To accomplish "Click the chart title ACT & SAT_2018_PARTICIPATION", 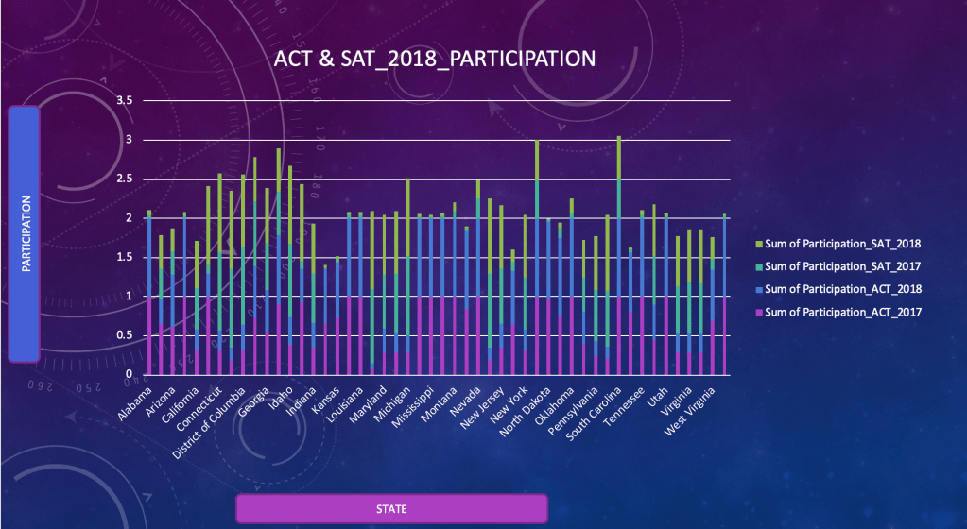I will pyautogui.click(x=435, y=59).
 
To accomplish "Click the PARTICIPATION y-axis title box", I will pyautogui.click(x=25, y=233).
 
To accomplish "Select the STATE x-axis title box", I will pyautogui.click(x=391, y=508).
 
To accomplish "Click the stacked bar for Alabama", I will pyautogui.click(x=149, y=293).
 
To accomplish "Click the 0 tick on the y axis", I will pyautogui.click(x=129, y=375).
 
